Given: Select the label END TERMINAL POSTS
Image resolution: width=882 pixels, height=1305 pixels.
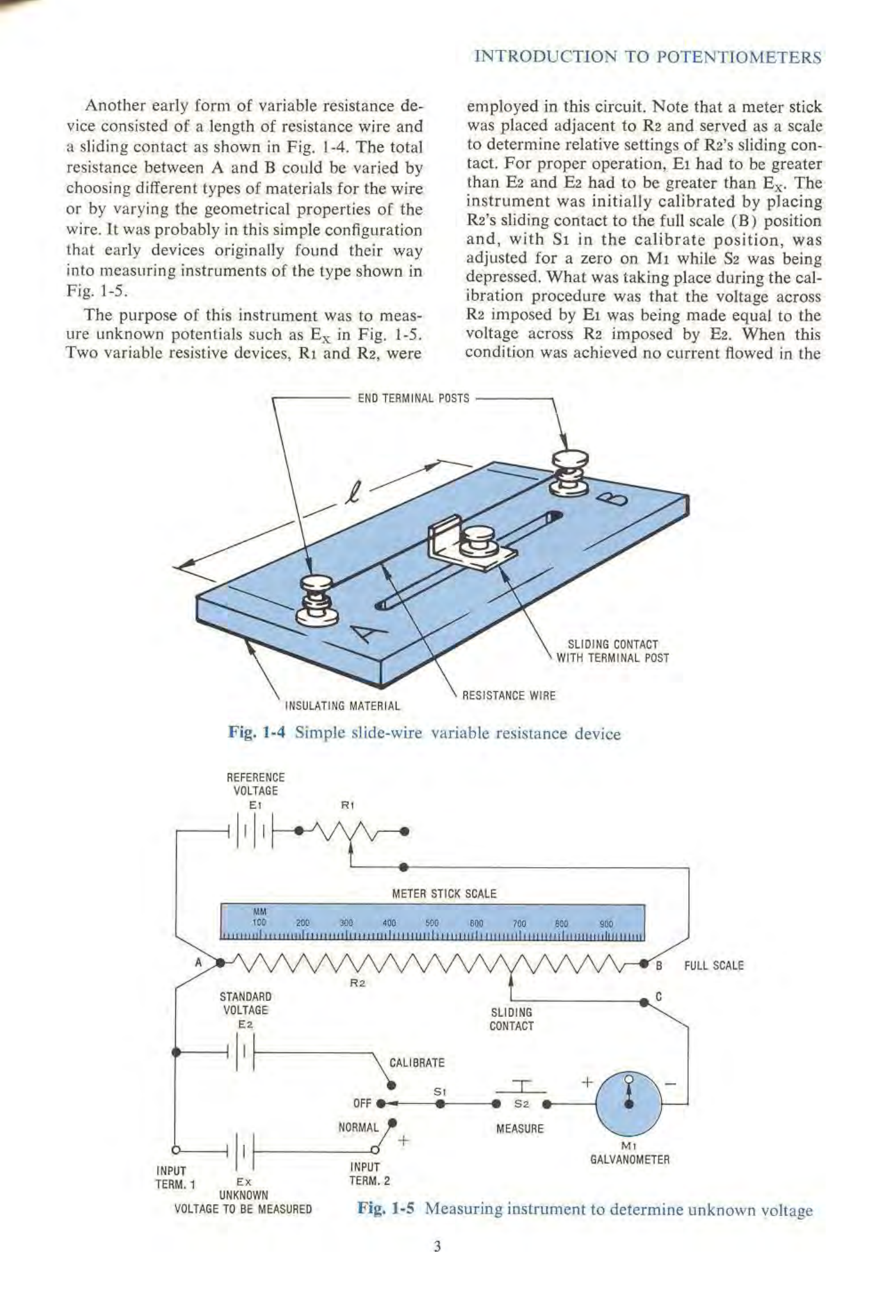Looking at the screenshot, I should pyautogui.click(x=413, y=398).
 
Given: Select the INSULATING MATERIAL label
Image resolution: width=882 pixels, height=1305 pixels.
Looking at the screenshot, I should pyautogui.click(x=343, y=706).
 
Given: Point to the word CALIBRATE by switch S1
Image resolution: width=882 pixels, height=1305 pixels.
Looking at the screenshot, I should pyautogui.click(x=417, y=1063).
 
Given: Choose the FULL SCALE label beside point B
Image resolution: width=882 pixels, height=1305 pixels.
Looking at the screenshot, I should pyautogui.click(x=714, y=965).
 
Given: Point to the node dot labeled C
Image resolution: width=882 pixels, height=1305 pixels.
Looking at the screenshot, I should pyautogui.click(x=644, y=1002).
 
